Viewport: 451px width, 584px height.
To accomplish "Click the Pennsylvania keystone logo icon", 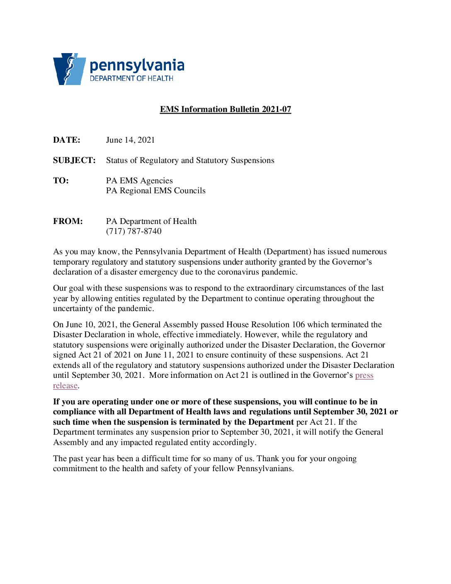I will pyautogui.click(x=69, y=69).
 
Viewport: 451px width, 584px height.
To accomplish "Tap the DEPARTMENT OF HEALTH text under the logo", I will pyautogui.click(x=131, y=78).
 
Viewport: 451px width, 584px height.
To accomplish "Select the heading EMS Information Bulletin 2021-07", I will pyautogui.click(x=225, y=109).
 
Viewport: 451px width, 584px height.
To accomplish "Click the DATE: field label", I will pyautogui.click(x=67, y=140).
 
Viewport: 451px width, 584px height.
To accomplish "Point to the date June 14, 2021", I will pyautogui.click(x=130, y=140).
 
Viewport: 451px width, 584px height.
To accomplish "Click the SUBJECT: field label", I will pyautogui.click(x=74, y=160).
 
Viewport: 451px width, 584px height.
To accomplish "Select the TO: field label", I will pyautogui.click(x=61, y=180).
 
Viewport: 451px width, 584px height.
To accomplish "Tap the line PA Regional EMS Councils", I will pyautogui.click(x=155, y=190).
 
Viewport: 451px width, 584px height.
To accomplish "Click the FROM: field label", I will pyautogui.click(x=68, y=221).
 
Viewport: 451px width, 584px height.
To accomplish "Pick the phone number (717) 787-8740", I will pyautogui.click(x=133, y=231).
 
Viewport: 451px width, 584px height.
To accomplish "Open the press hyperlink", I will pyautogui.click(x=364, y=375).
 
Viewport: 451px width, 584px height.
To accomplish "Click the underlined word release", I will pyautogui.click(x=65, y=385).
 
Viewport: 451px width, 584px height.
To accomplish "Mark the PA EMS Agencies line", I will pyautogui.click(x=139, y=180).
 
